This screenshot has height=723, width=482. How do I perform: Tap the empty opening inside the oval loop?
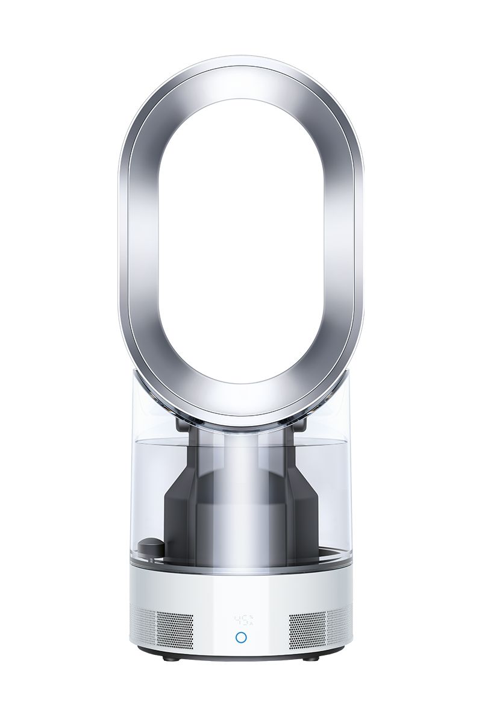[x=241, y=241]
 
